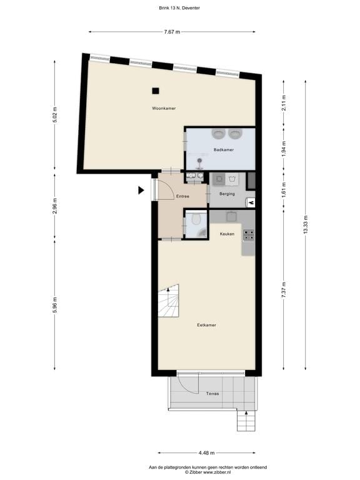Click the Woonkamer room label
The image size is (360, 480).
(x=164, y=108)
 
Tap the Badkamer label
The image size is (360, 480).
(x=223, y=150)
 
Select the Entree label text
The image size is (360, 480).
(x=182, y=196)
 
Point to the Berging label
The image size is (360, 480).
(x=227, y=194)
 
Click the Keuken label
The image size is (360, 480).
(x=227, y=234)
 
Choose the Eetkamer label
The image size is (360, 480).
(x=207, y=325)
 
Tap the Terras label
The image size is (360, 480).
(x=212, y=394)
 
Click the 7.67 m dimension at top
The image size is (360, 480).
(x=172, y=31)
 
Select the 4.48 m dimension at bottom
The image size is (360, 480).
(x=206, y=452)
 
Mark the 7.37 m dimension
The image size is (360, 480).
(x=284, y=291)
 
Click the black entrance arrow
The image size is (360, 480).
(x=141, y=191)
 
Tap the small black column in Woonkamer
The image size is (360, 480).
(x=155, y=90)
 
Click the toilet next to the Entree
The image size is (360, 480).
(x=196, y=219)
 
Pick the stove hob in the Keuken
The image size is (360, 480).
(x=249, y=235)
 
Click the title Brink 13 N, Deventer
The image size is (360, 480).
(x=180, y=8)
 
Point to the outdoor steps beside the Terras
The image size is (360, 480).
(x=246, y=422)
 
